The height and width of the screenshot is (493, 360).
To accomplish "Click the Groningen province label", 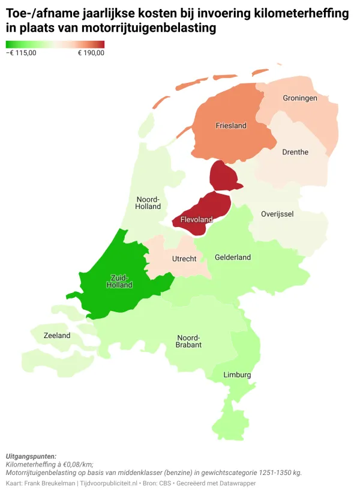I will coord(300,98).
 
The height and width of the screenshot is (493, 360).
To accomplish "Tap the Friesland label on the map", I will coord(231,126).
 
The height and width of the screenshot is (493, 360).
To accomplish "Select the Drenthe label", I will coord(295,152).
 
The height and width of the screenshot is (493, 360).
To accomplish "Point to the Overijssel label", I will coord(277,214).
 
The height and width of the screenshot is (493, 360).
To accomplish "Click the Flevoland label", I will coord(196,220).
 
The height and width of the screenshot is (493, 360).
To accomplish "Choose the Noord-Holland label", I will coord(148,203).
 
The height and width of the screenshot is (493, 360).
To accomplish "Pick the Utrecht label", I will coord(184,259).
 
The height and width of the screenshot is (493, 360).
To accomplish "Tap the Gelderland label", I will coord(233,258).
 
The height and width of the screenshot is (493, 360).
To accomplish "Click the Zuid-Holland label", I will coord(119,281).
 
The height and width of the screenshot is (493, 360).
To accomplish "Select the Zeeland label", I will coord(57,336).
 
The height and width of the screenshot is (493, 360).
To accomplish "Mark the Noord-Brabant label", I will coord(188,341).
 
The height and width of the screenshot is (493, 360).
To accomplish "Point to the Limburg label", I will coord(237,375).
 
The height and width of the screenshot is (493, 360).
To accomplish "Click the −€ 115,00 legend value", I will coord(21,53).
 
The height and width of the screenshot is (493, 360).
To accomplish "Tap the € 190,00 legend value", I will coord(91,53).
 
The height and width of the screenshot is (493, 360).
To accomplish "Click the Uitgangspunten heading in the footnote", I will coord(31,456).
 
